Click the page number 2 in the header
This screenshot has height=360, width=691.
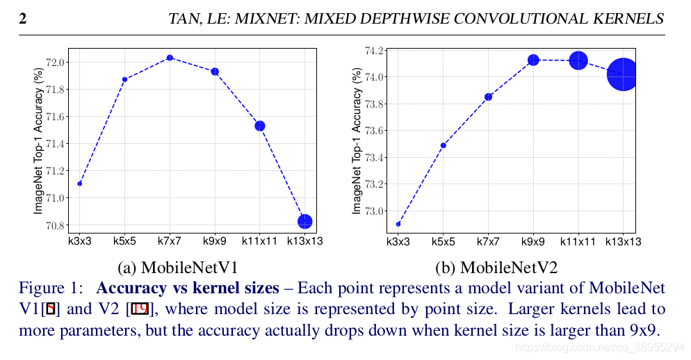[x=22, y=19]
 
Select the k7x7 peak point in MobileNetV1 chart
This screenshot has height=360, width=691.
[x=170, y=58]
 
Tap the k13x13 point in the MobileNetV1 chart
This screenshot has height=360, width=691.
[x=304, y=222]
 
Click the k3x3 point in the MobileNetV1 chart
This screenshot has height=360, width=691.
[x=80, y=183]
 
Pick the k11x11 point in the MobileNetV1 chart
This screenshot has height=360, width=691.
[x=260, y=126]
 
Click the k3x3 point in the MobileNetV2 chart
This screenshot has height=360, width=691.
[x=398, y=224]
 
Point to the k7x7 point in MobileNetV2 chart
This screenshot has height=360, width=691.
[x=488, y=97]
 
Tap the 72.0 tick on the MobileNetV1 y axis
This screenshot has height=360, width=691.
[x=56, y=63]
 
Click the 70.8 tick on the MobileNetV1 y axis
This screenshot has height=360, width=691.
[x=56, y=226]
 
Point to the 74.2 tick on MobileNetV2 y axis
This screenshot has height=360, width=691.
[x=374, y=51]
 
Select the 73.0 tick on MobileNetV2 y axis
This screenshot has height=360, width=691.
[x=374, y=211]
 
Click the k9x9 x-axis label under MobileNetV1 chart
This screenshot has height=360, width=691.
[x=215, y=242]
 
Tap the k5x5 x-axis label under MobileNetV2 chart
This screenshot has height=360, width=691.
[x=443, y=242]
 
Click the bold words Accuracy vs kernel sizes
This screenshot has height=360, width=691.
[x=187, y=288]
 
